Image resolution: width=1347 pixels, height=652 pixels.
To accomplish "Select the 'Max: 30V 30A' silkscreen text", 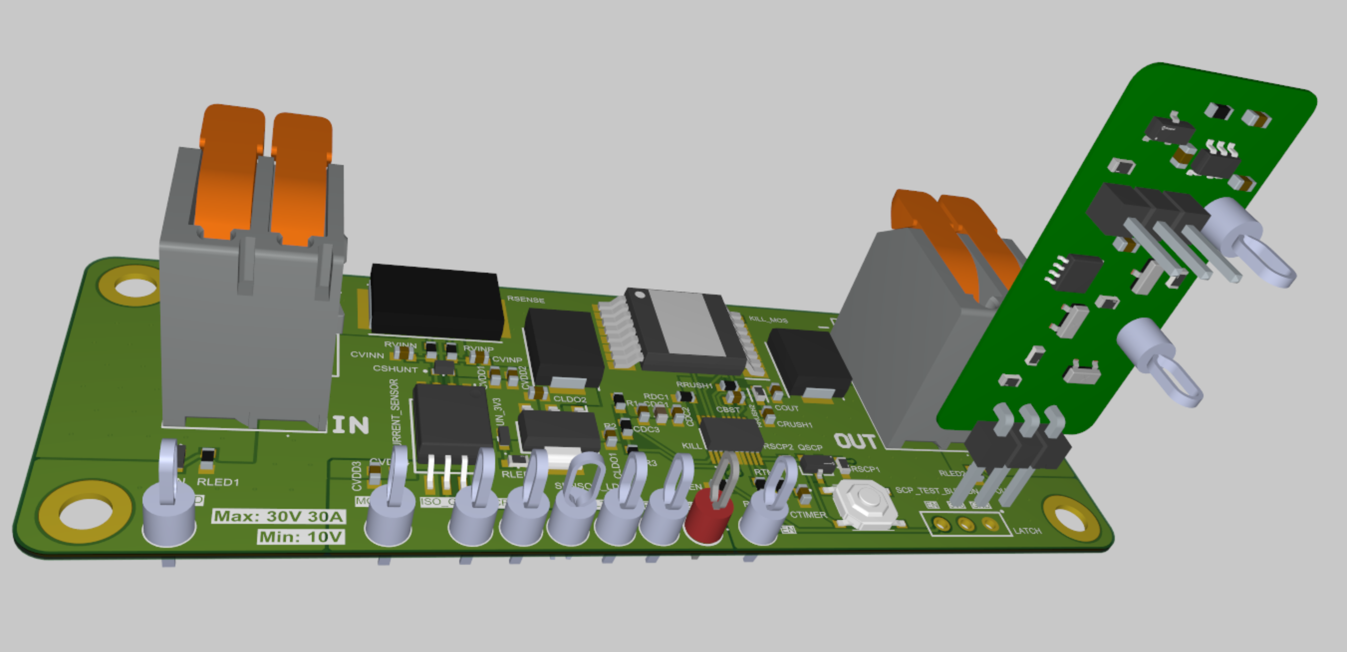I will tap(278, 516).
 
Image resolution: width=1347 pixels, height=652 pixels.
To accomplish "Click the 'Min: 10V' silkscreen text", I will tap(301, 537).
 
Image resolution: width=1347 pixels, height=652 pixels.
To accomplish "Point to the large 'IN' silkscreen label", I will tap(351, 425).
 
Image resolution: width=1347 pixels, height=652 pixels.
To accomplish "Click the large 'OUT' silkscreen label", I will tap(855, 442).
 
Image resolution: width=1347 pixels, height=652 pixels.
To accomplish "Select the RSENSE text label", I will tap(526, 299).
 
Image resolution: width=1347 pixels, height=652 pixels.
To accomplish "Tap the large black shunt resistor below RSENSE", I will tap(436, 301).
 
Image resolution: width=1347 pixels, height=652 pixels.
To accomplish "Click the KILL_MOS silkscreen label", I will tap(768, 319).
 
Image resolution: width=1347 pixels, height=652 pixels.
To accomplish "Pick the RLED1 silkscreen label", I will tap(218, 482).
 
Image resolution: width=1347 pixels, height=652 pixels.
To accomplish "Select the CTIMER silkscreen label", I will tap(808, 515).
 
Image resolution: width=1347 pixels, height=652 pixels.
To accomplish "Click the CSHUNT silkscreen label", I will tap(395, 369).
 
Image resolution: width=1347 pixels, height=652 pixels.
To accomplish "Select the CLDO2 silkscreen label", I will tap(569, 399).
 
